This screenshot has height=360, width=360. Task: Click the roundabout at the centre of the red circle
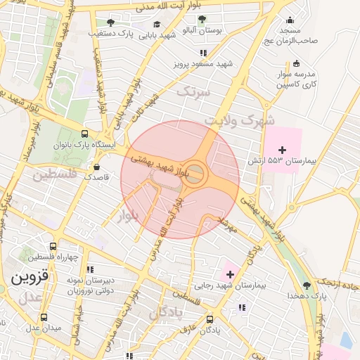195,173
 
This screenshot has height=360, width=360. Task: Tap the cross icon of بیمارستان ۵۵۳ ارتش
283,150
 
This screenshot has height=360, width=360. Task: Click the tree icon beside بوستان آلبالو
202,20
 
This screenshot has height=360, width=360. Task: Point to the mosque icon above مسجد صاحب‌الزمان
290,20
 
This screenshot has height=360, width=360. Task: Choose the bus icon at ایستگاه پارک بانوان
85,134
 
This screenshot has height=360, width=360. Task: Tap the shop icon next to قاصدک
97,167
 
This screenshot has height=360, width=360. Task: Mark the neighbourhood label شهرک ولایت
239,121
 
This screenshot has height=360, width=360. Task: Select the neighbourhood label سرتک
193,91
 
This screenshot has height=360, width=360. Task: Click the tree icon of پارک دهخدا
307,285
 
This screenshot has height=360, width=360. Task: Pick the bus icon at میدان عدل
44,316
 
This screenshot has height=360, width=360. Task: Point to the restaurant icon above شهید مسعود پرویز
203,53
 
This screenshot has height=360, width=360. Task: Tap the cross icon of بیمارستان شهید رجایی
230,273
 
